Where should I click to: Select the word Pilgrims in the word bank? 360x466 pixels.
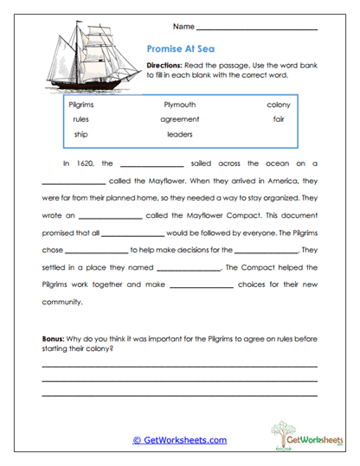tap(80, 105)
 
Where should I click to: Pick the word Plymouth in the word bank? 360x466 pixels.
tap(180, 105)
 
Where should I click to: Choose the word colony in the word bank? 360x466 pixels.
tap(279, 105)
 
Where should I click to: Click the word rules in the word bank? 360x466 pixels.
tap(81, 119)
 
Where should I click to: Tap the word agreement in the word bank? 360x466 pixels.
tap(180, 119)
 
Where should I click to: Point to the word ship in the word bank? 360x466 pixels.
tap(80, 134)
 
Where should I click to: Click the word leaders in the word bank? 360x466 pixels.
tap(179, 134)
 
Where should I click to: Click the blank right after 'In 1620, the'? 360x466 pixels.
tap(152, 164)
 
